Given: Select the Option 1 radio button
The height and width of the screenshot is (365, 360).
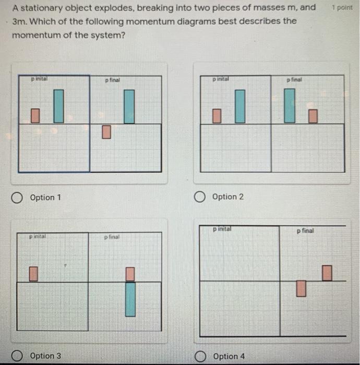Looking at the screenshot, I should coord(17,198).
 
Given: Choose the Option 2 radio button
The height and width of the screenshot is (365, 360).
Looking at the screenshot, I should coord(199,197).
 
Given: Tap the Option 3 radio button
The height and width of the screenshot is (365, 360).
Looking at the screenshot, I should coord(17,356).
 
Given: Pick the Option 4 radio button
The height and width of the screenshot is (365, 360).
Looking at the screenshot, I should coord(199,356).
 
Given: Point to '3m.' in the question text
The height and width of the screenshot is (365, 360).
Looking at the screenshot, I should coord(20,21).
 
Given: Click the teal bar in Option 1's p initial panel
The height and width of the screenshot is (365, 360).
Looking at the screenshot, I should coord(58,106).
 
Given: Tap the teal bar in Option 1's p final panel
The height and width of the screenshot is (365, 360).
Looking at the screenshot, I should coord(129,106).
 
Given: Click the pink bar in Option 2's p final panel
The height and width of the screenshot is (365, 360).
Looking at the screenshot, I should coord(313,116).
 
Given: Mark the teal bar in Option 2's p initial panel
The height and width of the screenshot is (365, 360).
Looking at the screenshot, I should coord(239,106).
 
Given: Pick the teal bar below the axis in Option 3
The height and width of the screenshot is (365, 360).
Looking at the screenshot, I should coord(130,299).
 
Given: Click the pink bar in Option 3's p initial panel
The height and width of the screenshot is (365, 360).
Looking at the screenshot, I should coord(33,274).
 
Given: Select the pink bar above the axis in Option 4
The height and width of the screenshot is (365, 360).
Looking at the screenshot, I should coord(327,273).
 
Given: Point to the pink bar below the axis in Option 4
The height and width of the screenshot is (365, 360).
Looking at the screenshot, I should coord(301,288).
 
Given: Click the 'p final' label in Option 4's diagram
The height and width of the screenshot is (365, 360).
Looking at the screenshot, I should coord(305,230).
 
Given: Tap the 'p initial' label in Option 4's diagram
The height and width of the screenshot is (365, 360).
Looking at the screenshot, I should coord(222,229).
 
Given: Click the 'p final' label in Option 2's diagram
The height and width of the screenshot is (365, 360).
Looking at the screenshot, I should coord(294,80).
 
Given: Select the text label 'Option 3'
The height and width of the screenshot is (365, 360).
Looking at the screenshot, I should coord(45,356).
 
